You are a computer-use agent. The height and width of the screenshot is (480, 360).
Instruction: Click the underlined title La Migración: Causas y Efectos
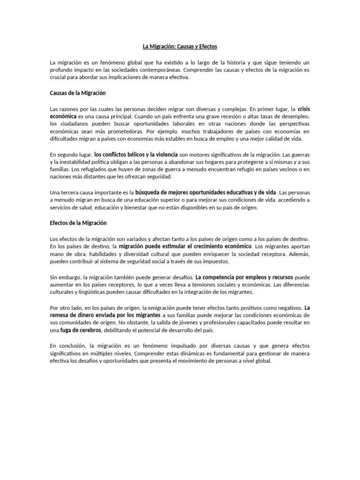pos(180,47)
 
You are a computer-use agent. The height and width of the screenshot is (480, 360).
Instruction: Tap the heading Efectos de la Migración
pos(79,223)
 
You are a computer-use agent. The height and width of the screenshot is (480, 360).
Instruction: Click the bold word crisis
pos(304,109)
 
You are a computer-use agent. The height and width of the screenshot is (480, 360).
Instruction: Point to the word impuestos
pos(215,261)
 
